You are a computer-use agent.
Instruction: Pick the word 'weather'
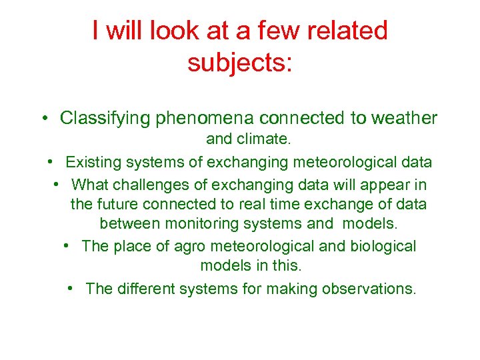pos(399,119)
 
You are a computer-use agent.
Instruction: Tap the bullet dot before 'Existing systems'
pos(51,162)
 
